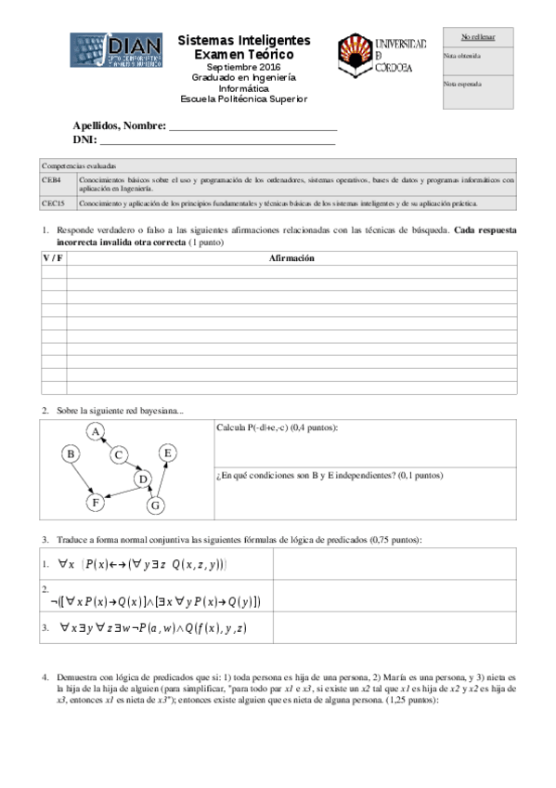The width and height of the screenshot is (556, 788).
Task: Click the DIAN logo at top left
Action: pyautogui.click(x=117, y=53)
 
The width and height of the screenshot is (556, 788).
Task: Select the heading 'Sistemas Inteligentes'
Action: pyautogui.click(x=244, y=41)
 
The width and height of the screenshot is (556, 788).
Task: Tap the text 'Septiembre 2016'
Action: pyautogui.click(x=243, y=69)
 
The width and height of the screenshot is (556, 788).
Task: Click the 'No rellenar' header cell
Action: pyautogui.click(x=478, y=37)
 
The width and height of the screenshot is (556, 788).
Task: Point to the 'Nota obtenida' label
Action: pyautogui.click(x=461, y=56)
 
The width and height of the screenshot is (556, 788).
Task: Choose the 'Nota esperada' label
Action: pyautogui.click(x=461, y=84)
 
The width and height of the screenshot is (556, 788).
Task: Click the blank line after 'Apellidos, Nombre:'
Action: pyautogui.click(x=252, y=126)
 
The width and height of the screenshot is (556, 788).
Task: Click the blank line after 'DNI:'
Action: pyautogui.click(x=217, y=140)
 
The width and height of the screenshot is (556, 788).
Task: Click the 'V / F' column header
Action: pyautogui.click(x=54, y=258)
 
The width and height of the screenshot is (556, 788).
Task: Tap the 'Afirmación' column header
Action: pyautogui.click(x=292, y=258)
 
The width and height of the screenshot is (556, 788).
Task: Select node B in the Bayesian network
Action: pyautogui.click(x=70, y=453)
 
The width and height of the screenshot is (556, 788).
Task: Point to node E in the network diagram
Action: pyautogui.click(x=167, y=453)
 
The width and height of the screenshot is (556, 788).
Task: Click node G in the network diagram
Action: pyautogui.click(x=155, y=505)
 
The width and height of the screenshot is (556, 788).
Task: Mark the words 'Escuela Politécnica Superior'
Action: pyautogui.click(x=243, y=99)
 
